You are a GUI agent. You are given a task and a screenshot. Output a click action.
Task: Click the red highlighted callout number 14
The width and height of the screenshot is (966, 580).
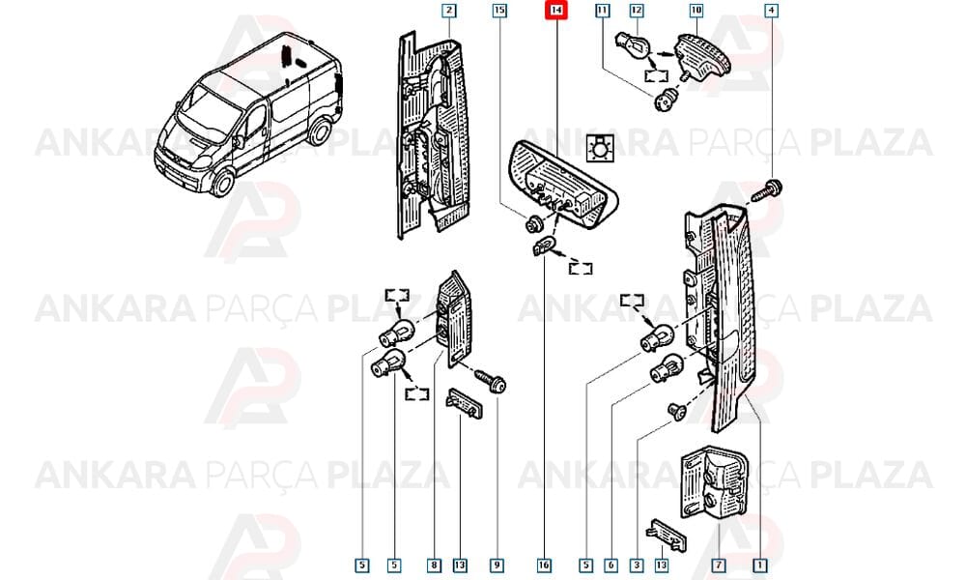[555, 11]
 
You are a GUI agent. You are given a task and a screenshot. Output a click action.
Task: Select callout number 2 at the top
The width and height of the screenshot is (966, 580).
[449, 11]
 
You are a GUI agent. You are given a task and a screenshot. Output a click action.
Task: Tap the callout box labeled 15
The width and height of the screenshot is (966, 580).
[499, 11]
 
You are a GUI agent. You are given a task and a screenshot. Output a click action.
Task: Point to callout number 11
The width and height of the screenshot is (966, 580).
[602, 11]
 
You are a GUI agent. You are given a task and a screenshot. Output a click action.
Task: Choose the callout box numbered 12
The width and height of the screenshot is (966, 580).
[637, 11]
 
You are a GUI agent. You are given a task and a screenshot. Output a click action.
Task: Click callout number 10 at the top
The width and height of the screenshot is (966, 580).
[696, 11]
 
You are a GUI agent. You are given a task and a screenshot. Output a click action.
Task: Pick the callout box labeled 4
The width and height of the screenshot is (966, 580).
[771, 11]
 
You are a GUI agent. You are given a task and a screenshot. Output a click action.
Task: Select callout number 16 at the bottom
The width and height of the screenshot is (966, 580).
[544, 565]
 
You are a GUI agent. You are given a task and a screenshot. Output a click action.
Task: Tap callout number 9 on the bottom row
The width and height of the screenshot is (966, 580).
[497, 565]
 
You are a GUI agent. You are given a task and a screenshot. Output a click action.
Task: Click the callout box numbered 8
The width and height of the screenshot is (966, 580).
[435, 565]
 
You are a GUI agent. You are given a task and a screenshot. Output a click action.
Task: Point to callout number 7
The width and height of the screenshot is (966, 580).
[719, 565]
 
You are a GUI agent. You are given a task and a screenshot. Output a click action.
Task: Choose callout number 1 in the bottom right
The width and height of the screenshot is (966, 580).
[760, 565]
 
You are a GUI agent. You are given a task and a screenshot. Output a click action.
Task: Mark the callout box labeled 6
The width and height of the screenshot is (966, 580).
[611, 565]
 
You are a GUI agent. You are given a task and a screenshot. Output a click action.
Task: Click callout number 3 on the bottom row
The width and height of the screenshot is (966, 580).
[637, 565]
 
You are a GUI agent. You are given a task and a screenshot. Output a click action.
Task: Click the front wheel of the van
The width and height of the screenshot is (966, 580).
[222, 182]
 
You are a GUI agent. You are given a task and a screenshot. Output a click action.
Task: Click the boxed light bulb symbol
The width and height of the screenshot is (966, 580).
[600, 148]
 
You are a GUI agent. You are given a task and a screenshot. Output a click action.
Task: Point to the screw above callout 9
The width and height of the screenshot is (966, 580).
[491, 380]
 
